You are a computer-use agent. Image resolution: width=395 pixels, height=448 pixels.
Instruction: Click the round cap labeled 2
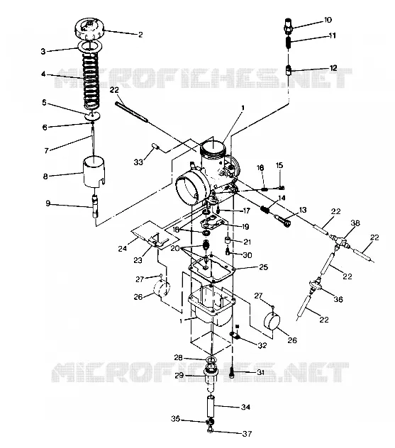pos(89,28)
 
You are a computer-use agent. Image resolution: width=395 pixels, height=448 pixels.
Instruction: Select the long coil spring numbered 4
pos(91,82)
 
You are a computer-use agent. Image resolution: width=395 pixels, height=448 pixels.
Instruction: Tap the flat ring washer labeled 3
pos(90,46)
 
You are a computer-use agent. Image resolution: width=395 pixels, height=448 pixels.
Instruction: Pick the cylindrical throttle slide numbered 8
pos(94,172)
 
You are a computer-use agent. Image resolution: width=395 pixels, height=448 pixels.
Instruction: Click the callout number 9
pos(48,203)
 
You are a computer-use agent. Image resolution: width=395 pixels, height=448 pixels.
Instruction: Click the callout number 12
pos(333,68)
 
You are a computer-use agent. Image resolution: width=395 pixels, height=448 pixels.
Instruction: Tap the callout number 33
pos(138,162)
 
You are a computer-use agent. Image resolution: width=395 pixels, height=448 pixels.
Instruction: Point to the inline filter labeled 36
pos(316,283)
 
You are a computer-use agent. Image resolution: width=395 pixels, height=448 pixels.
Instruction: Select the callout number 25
pos(264,267)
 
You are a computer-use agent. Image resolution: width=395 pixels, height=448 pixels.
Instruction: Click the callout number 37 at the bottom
pos(247,434)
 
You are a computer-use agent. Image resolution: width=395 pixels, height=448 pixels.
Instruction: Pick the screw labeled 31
pos(232,373)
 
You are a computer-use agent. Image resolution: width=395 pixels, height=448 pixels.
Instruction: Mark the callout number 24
pos(123,249)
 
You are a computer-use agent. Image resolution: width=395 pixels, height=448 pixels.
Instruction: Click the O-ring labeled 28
pos(211,359)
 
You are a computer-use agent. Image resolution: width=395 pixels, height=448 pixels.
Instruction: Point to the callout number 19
pos(245,227)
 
